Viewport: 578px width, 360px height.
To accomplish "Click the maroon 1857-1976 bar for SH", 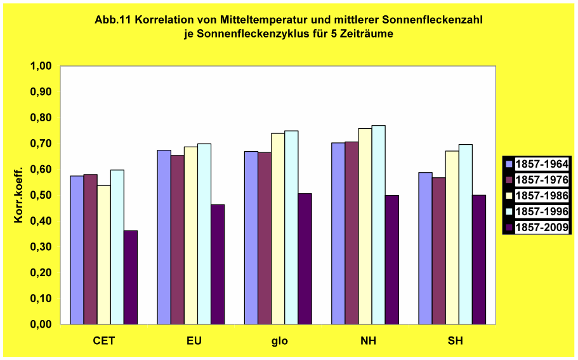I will (x=439, y=251).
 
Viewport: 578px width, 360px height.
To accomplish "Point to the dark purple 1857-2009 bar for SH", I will (x=479, y=259).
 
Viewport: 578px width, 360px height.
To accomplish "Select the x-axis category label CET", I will (x=104, y=341).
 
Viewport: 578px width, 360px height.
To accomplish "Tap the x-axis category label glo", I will (x=279, y=341).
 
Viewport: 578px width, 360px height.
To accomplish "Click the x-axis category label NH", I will (x=367, y=341).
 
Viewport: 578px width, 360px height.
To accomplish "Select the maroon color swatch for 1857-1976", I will (x=509, y=180).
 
